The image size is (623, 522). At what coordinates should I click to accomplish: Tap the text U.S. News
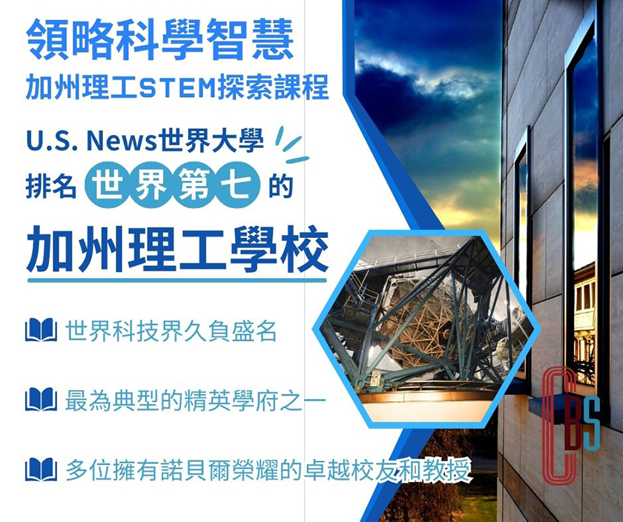pos(92,141)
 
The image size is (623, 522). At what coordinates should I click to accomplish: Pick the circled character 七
pos(237,185)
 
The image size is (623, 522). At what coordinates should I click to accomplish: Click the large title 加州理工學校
pos(177,248)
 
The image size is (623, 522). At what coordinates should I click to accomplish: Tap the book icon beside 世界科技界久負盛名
pos(41,330)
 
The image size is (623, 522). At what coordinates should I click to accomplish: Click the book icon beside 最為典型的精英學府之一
pos(41,399)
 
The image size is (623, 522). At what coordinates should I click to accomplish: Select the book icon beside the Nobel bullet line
pos(41,469)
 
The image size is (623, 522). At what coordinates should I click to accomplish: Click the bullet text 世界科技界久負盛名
pos(171,331)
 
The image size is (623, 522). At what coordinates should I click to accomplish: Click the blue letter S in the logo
pos(592,423)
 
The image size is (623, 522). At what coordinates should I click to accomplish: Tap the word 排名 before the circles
pos(51,186)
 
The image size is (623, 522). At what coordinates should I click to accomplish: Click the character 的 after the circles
pos(281,186)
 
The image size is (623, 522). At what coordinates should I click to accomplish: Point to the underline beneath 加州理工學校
pos(177,280)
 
